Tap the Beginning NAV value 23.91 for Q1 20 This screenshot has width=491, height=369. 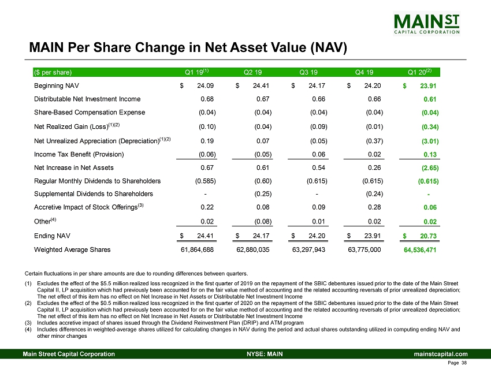pyautogui.click(x=427, y=87)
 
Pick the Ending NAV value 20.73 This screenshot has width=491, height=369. pyautogui.click(x=427, y=237)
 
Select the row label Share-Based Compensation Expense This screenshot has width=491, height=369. pyautogui.click(x=81, y=112)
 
